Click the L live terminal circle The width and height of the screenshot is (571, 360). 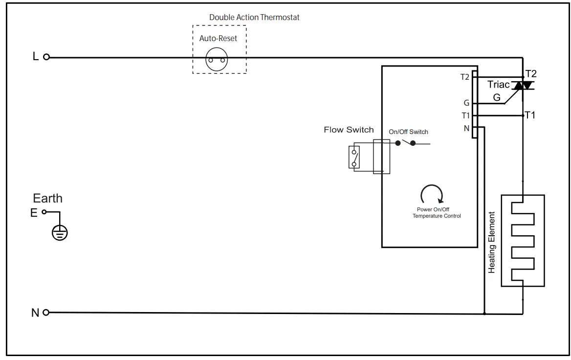click(x=46, y=57)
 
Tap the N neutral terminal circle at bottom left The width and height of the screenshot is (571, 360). click(x=46, y=313)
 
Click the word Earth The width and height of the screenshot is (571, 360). click(x=47, y=198)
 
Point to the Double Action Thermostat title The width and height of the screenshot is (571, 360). click(x=254, y=17)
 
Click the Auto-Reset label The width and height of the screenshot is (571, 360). click(x=218, y=38)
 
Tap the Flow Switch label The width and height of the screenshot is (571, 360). click(x=349, y=130)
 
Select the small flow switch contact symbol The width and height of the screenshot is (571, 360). click(x=354, y=157)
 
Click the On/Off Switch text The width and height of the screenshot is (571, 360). click(x=408, y=132)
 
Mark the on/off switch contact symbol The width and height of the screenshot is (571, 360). click(x=406, y=143)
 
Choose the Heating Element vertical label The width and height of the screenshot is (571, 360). click(x=492, y=242)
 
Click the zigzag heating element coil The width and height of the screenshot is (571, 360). click(x=522, y=241)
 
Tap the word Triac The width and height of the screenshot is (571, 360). click(x=498, y=85)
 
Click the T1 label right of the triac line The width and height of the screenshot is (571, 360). click(x=530, y=115)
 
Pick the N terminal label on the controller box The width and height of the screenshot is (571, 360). click(x=466, y=128)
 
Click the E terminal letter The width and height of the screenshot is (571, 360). click(x=34, y=213)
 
